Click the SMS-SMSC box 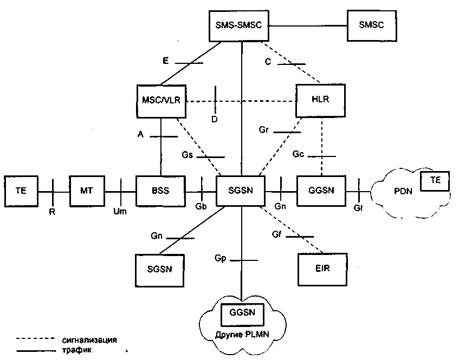[238, 26]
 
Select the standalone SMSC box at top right [372, 26]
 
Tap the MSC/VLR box [161, 101]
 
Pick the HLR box [320, 101]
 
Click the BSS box [161, 191]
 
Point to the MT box [87, 191]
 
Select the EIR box [322, 270]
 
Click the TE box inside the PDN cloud [435, 181]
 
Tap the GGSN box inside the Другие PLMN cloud [242, 315]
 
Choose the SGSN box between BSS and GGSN [240, 191]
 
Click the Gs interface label [188, 155]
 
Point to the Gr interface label [263, 129]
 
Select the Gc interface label [298, 154]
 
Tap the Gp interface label [220, 259]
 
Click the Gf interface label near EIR [276, 234]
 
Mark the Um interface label [120, 211]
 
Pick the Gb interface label [201, 206]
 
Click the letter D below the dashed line [215, 119]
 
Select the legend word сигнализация [89, 340]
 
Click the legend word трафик [77, 350]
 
